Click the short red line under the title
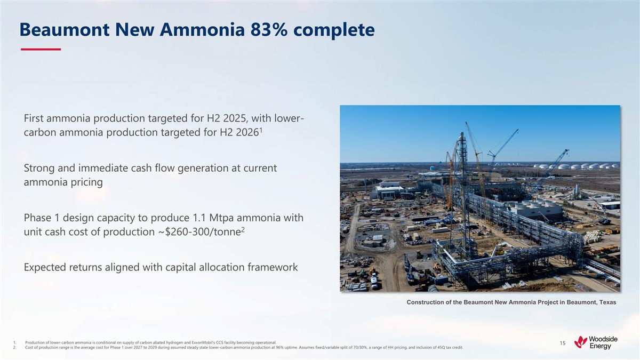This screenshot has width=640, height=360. pyautogui.click(x=41, y=49)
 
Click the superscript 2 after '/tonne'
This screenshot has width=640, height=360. pyautogui.click(x=243, y=230)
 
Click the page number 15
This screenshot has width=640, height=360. pyautogui.click(x=563, y=343)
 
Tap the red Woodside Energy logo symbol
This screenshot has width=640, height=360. pyautogui.click(x=581, y=342)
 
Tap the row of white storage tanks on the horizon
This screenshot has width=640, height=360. pyautogui.click(x=576, y=166)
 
